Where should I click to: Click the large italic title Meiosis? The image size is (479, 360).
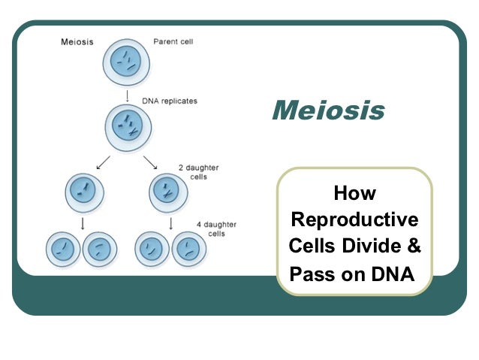coord(327,111)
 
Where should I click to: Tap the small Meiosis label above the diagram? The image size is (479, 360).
coord(77,41)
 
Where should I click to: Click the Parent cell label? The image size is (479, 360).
coord(173,41)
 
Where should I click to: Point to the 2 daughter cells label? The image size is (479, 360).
coord(198,172)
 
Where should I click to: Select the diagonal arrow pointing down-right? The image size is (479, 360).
coord(149,162)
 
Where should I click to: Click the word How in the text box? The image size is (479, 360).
coord(354,194)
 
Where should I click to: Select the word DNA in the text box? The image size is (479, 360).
coord(392,273)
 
